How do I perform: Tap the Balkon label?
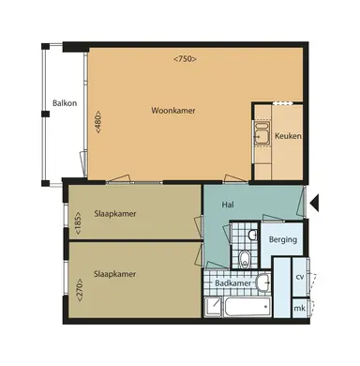point(64,103)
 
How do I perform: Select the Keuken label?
point(287,137)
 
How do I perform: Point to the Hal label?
point(227,205)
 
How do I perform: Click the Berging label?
point(282,240)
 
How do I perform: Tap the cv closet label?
point(300,278)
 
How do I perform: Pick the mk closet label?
point(300,308)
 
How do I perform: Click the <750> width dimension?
point(185,59)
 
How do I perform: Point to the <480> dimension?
point(97,123)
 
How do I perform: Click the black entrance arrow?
point(316,200)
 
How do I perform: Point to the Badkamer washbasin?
point(265,282)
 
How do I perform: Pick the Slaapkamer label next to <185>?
point(116,214)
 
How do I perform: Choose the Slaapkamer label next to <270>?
point(116,274)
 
